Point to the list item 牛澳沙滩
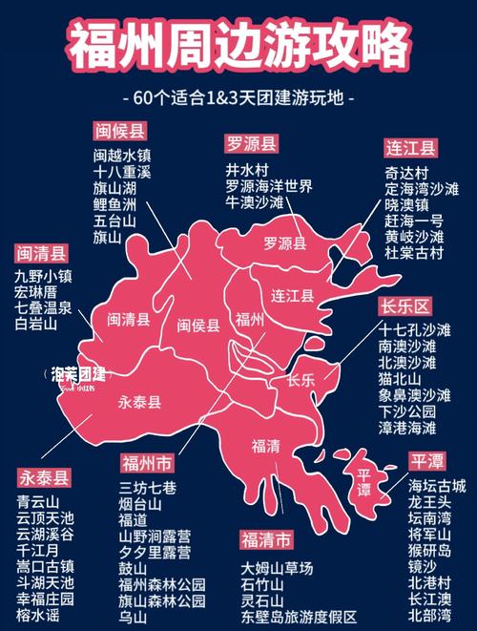tap(255, 203)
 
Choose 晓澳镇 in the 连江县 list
tap(407, 204)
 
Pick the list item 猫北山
tap(402, 378)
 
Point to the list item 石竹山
tap(262, 584)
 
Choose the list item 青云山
tap(38, 500)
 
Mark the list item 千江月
tap(38, 550)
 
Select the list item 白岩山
tap(37, 325)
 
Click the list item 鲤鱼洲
tap(114, 204)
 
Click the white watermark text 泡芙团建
tap(79, 374)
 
